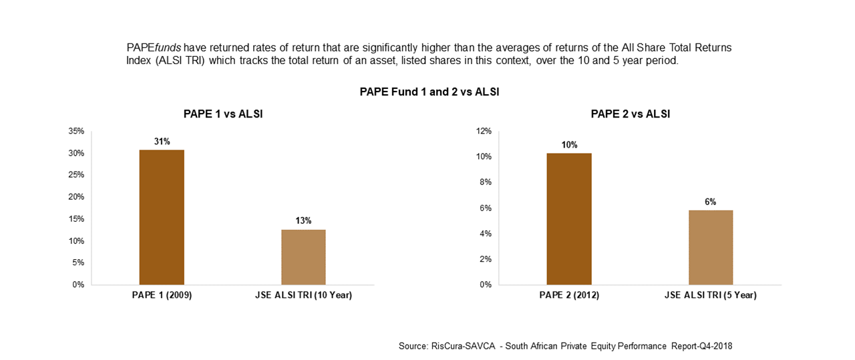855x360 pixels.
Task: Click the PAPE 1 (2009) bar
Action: click(x=162, y=217)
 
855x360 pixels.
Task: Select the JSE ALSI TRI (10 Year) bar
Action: click(x=303, y=257)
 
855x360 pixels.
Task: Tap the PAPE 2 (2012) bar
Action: click(x=569, y=219)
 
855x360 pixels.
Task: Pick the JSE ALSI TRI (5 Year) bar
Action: click(x=711, y=247)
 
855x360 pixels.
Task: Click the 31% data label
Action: click(x=162, y=141)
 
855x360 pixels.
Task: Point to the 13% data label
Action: click(x=303, y=220)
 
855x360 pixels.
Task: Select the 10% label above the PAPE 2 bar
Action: click(x=569, y=144)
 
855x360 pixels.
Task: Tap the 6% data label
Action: click(x=711, y=202)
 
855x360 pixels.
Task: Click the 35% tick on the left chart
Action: click(x=76, y=132)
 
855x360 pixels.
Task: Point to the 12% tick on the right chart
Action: click(x=483, y=132)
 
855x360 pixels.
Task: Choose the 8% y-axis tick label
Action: click(x=485, y=182)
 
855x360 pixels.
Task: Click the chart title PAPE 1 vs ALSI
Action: click(x=223, y=114)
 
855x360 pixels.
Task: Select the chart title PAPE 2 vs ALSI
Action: click(x=631, y=114)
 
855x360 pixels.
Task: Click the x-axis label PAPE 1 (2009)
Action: click(x=162, y=295)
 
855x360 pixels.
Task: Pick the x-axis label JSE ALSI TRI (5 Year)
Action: click(x=711, y=295)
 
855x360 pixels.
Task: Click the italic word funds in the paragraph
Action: click(x=168, y=48)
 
